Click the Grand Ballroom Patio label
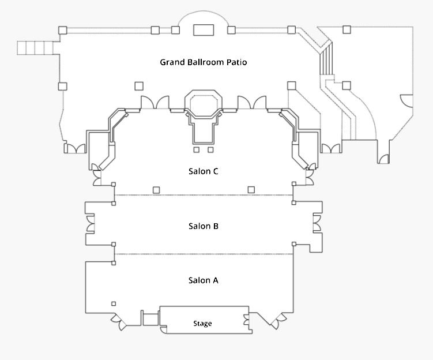tap(203, 62)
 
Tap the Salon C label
tap(203, 171)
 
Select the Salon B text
tap(203, 226)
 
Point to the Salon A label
tap(203, 280)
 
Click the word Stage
tap(202, 324)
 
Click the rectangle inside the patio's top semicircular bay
tap(204, 30)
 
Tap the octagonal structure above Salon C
tap(203, 103)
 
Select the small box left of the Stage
tap(150, 319)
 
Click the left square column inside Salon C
tap(156, 190)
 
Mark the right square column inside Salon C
tap(251, 190)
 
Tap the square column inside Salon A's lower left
tap(114, 303)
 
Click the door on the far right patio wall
tap(407, 100)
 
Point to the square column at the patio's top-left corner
tap(62, 30)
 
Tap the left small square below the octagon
tap(197, 149)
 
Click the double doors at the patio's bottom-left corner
tap(74, 149)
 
